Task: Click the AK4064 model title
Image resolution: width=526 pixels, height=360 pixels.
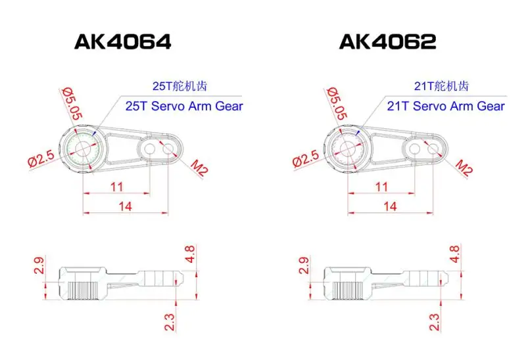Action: pyautogui.click(x=123, y=42)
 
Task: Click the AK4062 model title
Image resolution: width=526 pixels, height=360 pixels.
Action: pyautogui.click(x=387, y=42)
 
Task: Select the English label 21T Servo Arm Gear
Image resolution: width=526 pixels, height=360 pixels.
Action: pyautogui.click(x=446, y=106)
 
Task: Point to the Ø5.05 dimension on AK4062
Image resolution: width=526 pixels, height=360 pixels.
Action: pyautogui.click(x=335, y=104)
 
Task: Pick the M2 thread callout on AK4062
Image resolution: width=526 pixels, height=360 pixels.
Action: pyautogui.click(x=464, y=169)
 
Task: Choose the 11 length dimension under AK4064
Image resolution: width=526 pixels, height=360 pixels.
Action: pyautogui.click(x=116, y=187)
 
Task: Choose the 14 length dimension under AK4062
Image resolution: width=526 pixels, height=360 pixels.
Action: pyautogui.click(x=390, y=206)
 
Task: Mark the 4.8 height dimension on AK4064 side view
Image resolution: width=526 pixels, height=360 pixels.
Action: pyautogui.click(x=190, y=253)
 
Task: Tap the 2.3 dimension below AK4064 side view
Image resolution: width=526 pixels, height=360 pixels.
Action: pyautogui.click(x=170, y=321)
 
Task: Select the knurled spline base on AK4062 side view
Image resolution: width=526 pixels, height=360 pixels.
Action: pyautogui.click(x=346, y=288)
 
